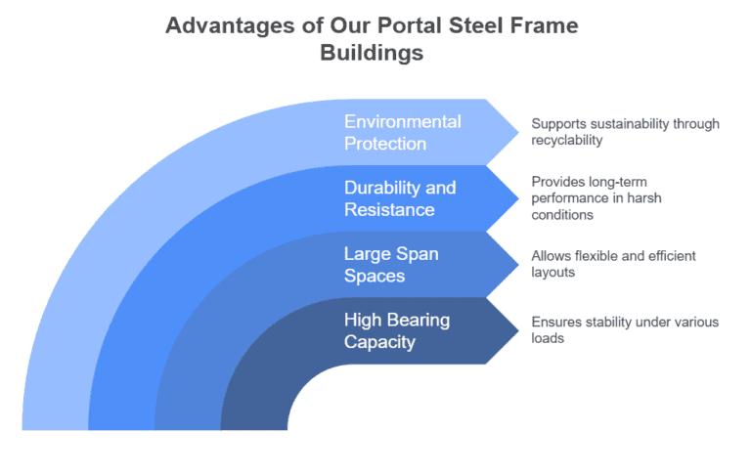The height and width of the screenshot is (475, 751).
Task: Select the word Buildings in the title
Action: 372,53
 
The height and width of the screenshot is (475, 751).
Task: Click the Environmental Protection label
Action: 401,132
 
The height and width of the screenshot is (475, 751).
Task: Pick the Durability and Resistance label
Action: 399,197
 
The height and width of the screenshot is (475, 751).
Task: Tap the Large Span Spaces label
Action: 390,264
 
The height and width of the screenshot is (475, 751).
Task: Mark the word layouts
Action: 553,272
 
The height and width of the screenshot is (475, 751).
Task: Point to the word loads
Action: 548,338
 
